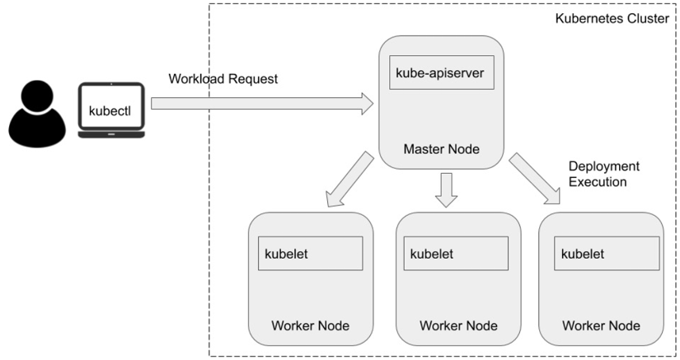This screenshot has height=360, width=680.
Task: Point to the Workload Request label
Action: (x=223, y=79)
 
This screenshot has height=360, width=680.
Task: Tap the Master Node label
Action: (x=441, y=149)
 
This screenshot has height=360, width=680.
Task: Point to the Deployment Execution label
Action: (x=604, y=174)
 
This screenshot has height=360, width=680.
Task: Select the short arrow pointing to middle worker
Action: (x=446, y=189)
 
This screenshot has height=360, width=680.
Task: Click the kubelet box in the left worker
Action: (x=311, y=253)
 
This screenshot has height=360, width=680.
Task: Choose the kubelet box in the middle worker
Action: (x=456, y=253)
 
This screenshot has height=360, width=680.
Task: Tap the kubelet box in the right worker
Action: (x=607, y=253)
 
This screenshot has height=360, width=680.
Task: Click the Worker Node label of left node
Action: (x=310, y=325)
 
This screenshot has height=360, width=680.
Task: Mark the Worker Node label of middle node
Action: (x=458, y=325)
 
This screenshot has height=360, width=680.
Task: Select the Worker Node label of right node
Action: (x=602, y=325)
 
